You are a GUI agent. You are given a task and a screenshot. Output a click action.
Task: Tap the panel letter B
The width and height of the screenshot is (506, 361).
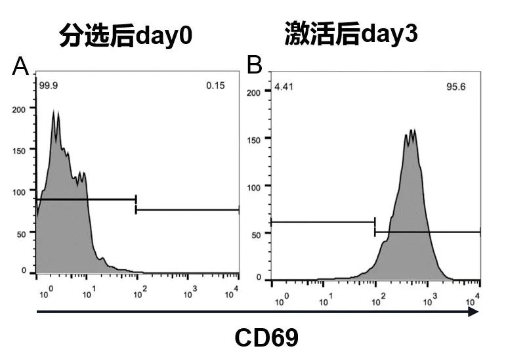pyautogui.click(x=254, y=65)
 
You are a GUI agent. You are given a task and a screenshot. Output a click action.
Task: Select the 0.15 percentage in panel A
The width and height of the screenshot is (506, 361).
pyautogui.click(x=215, y=85)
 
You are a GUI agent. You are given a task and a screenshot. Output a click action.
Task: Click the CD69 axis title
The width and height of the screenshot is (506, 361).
pyautogui.click(x=266, y=338)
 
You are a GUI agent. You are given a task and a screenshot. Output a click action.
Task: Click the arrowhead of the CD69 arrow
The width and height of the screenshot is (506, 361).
pyautogui.click(x=473, y=312)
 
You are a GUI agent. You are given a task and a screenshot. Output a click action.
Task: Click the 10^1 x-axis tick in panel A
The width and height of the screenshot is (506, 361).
pyautogui.click(x=87, y=290)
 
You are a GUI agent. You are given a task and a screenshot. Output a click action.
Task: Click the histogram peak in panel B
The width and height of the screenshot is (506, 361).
pyautogui.click(x=411, y=131)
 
